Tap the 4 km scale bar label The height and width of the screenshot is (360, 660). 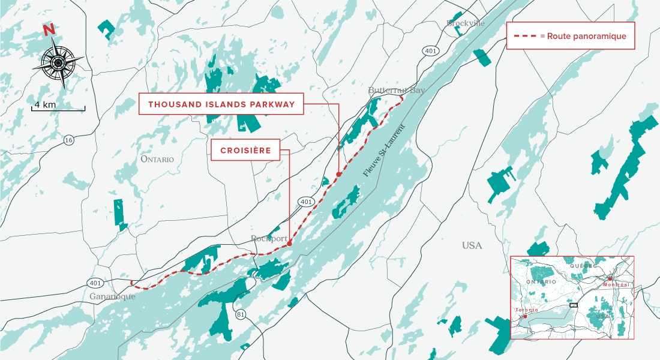pyautogui.click(x=45, y=104)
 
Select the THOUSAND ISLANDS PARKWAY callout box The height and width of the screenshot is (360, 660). pyautogui.click(x=221, y=104)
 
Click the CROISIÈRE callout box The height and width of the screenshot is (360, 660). pyautogui.click(x=245, y=151)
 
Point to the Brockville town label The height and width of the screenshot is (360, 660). pyautogui.click(x=465, y=23)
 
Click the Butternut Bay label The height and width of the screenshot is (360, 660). pyautogui.click(x=396, y=90)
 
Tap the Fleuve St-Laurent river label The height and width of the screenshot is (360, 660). pyautogui.click(x=385, y=151)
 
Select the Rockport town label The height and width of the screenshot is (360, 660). pyautogui.click(x=269, y=238)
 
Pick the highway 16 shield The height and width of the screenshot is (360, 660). pyautogui.click(x=70, y=140)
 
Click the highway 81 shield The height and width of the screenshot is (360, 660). pyautogui.click(x=241, y=314)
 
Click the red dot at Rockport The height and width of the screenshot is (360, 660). pyautogui.click(x=289, y=244)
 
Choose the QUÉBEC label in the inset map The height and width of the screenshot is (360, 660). pyautogui.click(x=584, y=265)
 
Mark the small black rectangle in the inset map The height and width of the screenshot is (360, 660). pyautogui.click(x=573, y=305)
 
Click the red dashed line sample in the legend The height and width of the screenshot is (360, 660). pyautogui.click(x=525, y=37)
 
